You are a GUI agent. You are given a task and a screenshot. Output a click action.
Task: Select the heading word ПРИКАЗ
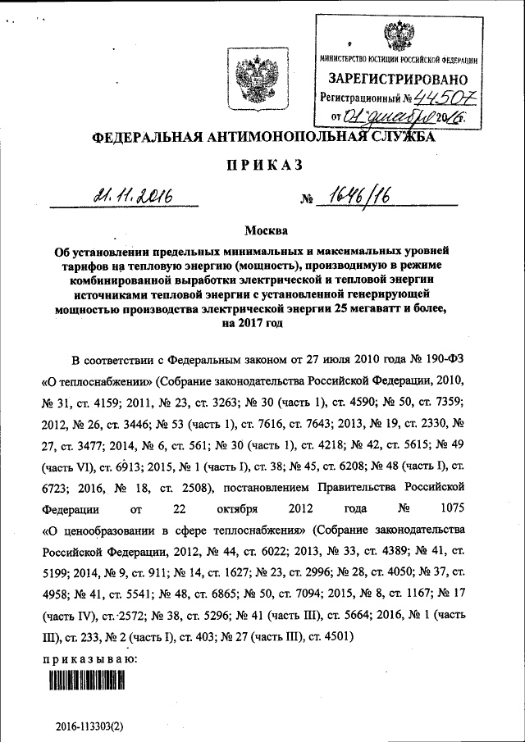[262, 165]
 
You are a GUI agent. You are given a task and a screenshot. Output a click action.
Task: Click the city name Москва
[262, 232]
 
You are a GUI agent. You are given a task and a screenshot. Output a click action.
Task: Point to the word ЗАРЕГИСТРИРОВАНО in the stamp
[398, 79]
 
